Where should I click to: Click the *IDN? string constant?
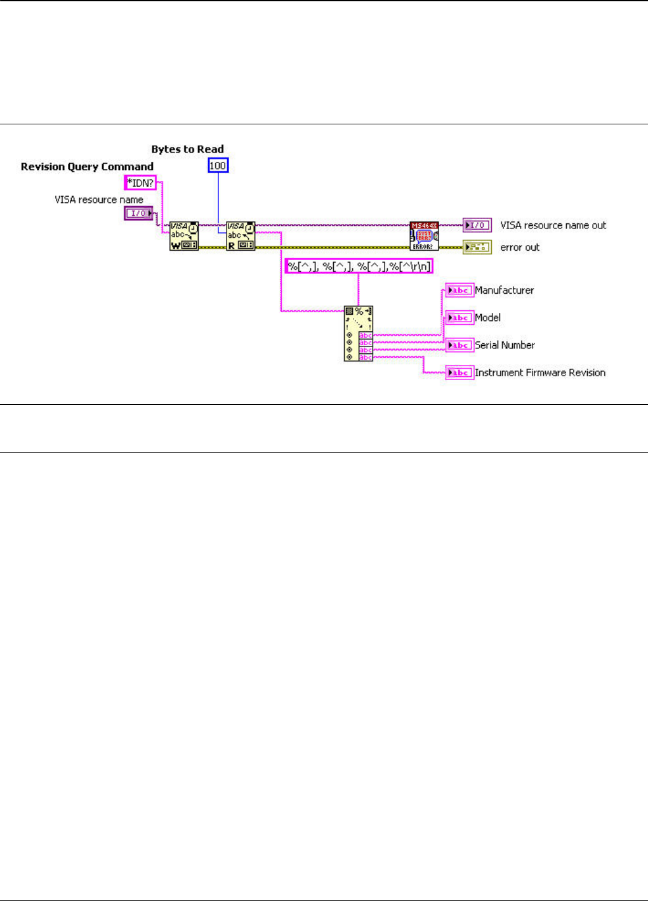(x=140, y=183)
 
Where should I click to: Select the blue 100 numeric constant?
(x=218, y=166)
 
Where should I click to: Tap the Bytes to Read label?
(x=187, y=150)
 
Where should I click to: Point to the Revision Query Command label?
(x=87, y=167)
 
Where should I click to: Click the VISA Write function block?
(x=184, y=236)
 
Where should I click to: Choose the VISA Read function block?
(x=241, y=236)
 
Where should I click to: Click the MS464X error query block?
(x=424, y=236)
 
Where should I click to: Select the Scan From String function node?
(x=359, y=334)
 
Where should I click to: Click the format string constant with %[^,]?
(x=359, y=266)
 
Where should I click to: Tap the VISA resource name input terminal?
(x=138, y=214)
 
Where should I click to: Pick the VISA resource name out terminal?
(x=477, y=225)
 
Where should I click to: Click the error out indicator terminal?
(x=477, y=247)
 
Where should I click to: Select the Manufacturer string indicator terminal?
(x=460, y=291)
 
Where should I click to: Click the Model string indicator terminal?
(x=460, y=318)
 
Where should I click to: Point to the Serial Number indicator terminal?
(x=460, y=345)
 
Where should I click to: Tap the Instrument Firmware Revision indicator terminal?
(x=460, y=372)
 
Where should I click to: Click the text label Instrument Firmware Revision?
(x=540, y=373)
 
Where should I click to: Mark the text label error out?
(x=520, y=247)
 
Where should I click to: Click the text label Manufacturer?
(x=505, y=291)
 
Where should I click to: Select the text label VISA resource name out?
(x=553, y=225)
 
